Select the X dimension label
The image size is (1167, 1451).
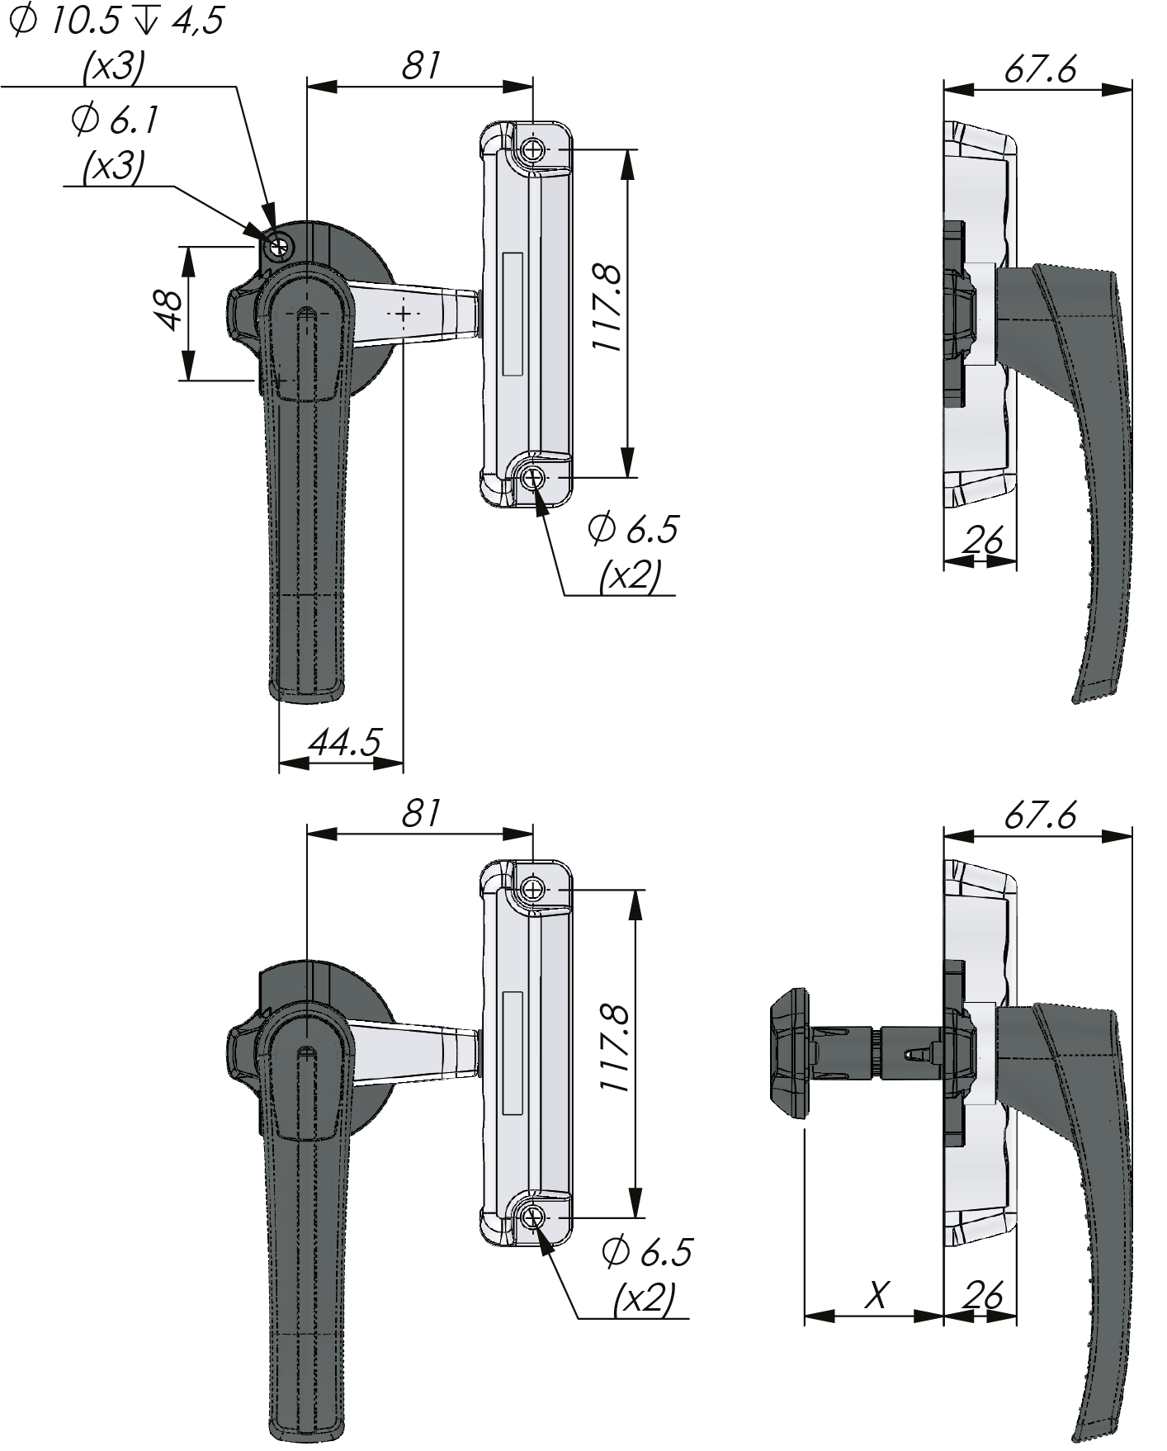[877, 1295]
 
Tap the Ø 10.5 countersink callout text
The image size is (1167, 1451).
[116, 22]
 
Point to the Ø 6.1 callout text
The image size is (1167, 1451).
[115, 121]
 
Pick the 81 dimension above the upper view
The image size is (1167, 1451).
[421, 67]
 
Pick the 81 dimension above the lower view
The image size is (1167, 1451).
[421, 813]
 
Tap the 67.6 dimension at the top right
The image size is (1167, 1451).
[1040, 70]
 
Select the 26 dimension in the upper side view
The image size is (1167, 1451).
[983, 541]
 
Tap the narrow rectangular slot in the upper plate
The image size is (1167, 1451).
[513, 314]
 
